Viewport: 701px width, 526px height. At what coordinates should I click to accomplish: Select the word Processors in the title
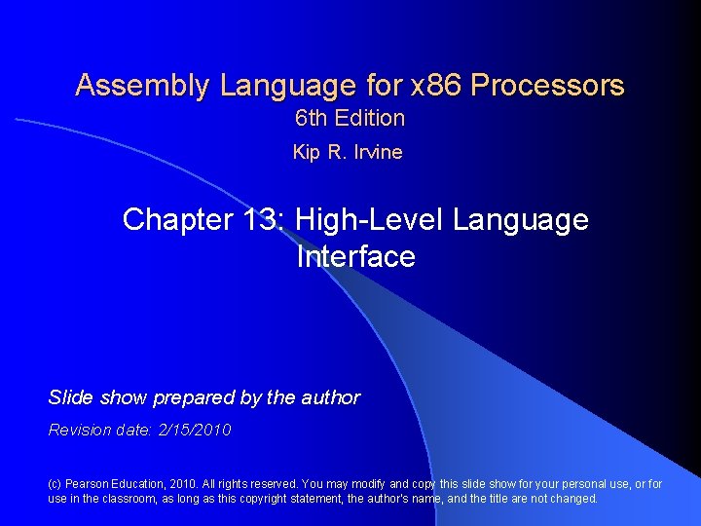547,86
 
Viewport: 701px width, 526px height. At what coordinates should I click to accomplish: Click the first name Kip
305,152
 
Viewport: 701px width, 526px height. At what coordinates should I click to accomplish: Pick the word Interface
355,257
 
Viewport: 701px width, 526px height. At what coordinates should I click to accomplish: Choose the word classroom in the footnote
141,499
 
